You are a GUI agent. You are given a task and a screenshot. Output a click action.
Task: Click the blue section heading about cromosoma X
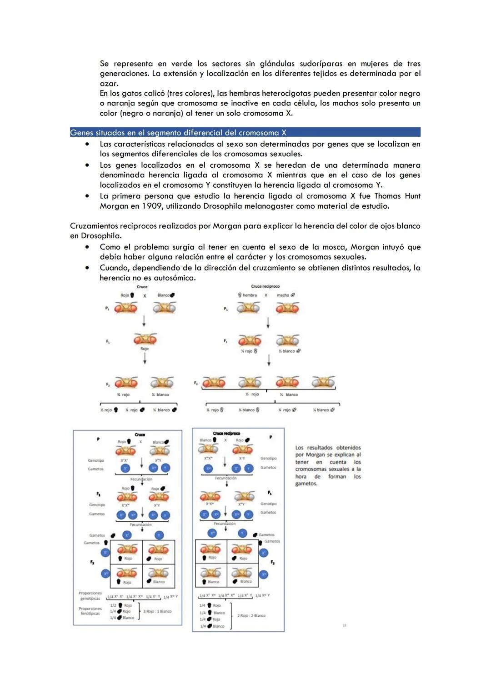tap(178, 133)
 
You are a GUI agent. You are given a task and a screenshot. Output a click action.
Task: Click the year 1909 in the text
tap(152, 206)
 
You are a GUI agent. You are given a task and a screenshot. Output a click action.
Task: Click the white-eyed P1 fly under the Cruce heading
tap(165, 308)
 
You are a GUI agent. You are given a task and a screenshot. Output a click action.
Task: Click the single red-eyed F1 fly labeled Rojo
tap(145, 339)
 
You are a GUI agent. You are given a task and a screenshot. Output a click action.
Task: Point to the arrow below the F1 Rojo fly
tap(145, 358)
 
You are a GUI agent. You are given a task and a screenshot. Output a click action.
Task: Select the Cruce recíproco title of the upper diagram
tap(265, 286)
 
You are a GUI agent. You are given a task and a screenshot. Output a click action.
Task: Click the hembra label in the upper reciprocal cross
tap(249, 295)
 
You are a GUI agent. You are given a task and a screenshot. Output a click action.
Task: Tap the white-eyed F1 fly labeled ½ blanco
tap(287, 340)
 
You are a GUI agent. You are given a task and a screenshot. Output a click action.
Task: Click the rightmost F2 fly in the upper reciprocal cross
tap(323, 382)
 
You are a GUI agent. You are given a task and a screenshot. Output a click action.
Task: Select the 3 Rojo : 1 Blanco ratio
tap(158, 611)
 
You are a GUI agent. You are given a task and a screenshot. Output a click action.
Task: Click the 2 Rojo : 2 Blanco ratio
tap(251, 615)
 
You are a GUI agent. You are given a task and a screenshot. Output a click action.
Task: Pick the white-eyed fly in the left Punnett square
tap(158, 573)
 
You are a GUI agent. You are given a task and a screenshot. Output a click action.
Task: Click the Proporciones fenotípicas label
tap(90, 611)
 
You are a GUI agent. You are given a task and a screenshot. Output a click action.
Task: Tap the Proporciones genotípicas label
tap(90, 595)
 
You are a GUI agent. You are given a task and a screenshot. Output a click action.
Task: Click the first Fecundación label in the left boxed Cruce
tap(141, 479)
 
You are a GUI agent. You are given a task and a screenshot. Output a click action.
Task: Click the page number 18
tap(344, 625)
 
